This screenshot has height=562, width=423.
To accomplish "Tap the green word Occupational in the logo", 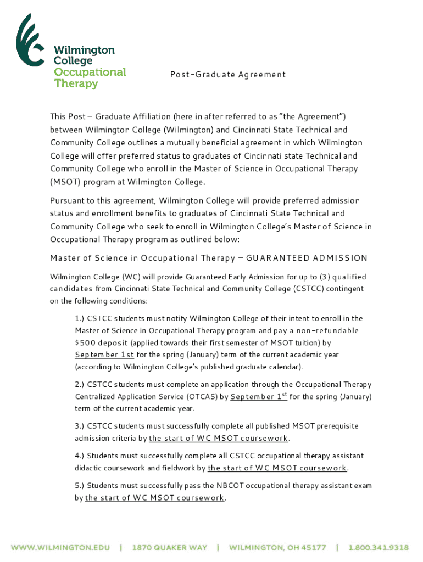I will click(90, 72).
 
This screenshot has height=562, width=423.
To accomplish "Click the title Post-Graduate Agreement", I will click(227, 74).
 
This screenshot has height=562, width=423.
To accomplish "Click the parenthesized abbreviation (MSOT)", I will click(66, 182).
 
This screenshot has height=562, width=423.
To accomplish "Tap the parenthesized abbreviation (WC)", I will click(132, 277).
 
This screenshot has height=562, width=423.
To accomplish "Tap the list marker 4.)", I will click(81, 456).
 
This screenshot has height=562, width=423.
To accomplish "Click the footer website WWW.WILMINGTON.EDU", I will click(61, 547).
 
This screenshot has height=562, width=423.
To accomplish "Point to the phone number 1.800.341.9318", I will click(377, 547).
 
